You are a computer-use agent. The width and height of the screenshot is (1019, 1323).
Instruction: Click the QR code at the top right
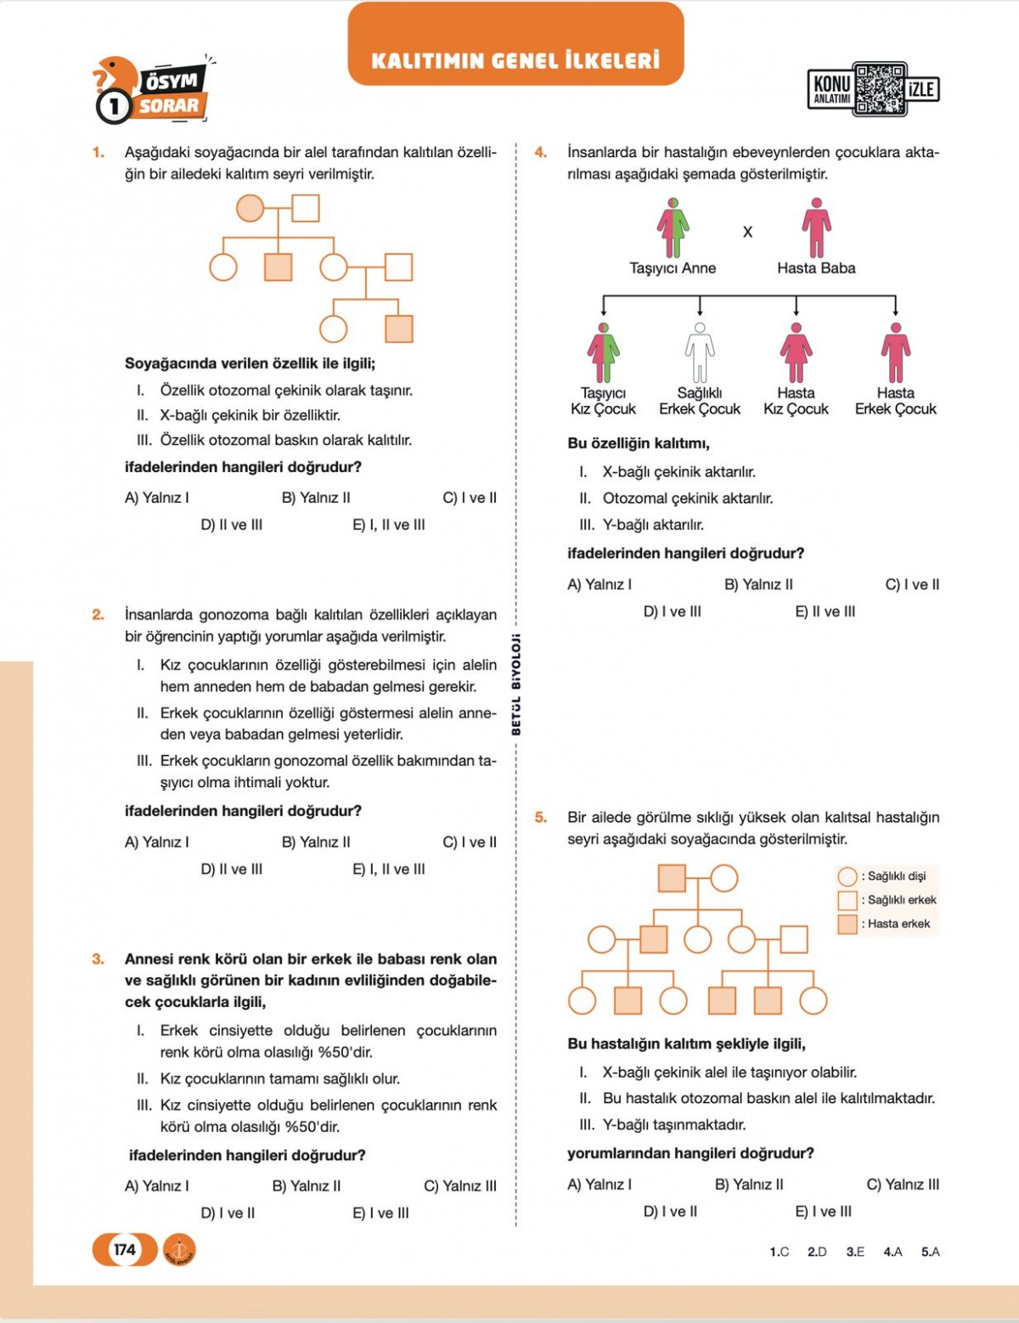880,88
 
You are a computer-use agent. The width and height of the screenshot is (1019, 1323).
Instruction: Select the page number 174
125,1249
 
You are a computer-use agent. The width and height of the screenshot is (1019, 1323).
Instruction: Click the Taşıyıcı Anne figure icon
673,228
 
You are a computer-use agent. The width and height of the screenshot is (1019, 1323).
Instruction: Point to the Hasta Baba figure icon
816,228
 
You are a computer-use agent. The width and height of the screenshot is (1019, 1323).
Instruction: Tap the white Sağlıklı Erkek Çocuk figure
700,353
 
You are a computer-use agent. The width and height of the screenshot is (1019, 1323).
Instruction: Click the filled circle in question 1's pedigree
250,208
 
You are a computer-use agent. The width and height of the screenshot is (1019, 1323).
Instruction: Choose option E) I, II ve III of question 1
389,525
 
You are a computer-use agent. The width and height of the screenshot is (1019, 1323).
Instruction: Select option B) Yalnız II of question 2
316,842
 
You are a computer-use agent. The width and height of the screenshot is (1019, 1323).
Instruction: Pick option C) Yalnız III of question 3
460,1185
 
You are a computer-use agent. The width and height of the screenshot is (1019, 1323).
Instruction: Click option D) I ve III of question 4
672,611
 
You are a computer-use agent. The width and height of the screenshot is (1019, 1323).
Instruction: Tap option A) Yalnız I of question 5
600,1184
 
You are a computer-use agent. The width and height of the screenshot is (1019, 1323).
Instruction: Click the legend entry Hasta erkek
888,924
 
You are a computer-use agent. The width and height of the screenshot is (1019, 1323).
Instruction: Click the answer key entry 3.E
855,1252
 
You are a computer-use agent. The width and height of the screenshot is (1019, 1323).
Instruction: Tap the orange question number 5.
540,817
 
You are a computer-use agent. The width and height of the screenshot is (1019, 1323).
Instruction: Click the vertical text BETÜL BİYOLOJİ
516,684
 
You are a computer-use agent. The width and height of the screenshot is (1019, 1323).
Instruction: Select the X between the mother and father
747,232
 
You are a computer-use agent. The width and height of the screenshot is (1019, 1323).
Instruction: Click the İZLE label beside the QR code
922,89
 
